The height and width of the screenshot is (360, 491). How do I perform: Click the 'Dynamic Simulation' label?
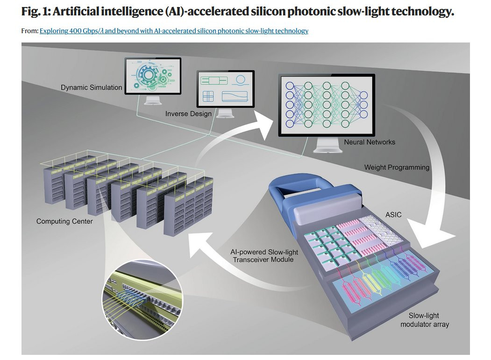pyautogui.click(x=92, y=88)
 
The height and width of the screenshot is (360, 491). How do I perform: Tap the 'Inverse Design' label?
pyautogui.click(x=189, y=114)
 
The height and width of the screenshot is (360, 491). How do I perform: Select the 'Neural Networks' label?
pyautogui.click(x=370, y=142)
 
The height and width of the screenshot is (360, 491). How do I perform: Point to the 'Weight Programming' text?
pyautogui.click(x=397, y=168)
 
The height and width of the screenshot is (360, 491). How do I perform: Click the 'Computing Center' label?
pyautogui.click(x=64, y=221)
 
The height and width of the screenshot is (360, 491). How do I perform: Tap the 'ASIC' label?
pyautogui.click(x=393, y=215)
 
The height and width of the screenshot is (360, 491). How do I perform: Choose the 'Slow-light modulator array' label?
pyautogui.click(x=424, y=320)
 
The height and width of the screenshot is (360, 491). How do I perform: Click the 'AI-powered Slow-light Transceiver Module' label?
pyautogui.click(x=263, y=256)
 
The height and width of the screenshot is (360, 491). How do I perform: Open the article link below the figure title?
pyautogui.click(x=174, y=31)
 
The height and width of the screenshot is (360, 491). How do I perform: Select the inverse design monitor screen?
pyautogui.click(x=226, y=89)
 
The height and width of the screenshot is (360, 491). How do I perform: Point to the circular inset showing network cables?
pyautogui.click(x=142, y=300)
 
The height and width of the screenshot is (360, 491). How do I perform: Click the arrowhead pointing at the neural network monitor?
pyautogui.click(x=263, y=125)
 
